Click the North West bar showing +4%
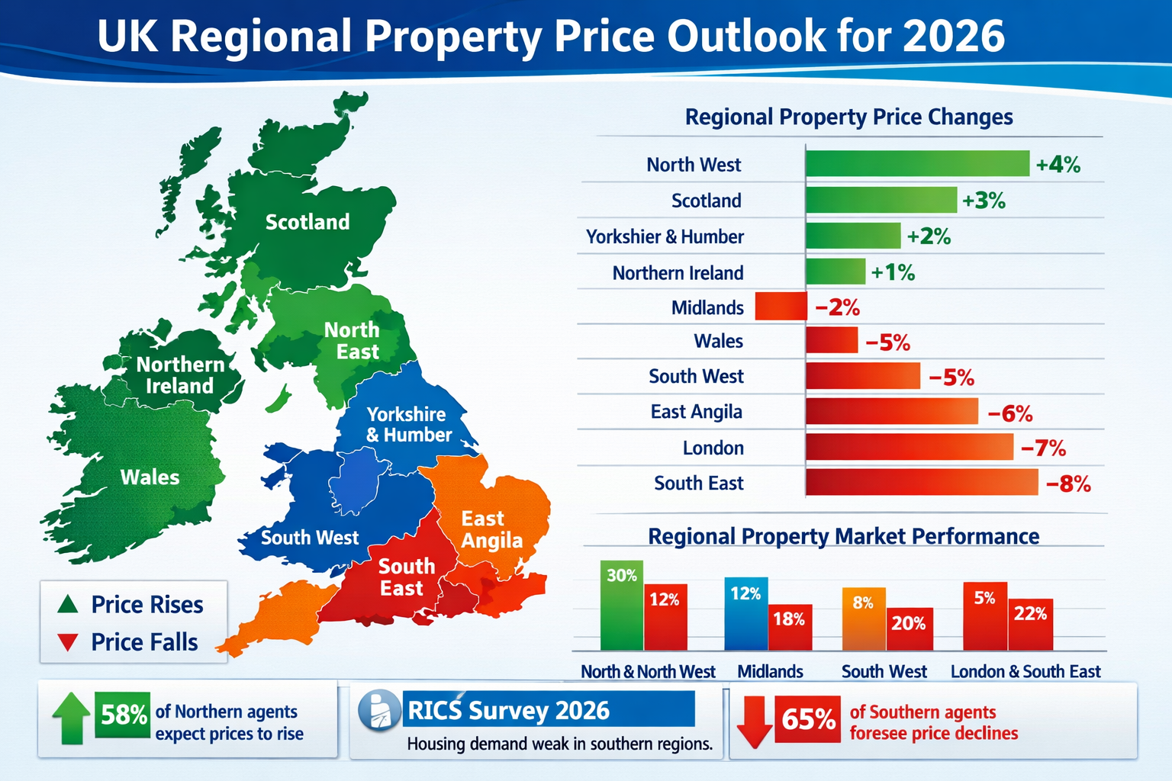point(917,164)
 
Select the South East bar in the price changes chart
point(922,483)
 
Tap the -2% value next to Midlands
point(837,308)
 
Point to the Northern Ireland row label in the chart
point(678,273)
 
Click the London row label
point(713,448)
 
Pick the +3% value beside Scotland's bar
point(984,201)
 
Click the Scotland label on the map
point(307,222)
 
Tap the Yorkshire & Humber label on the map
point(408,425)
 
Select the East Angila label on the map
point(491,529)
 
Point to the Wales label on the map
point(150,477)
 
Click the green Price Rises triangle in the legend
point(68,605)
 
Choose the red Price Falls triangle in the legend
point(68,642)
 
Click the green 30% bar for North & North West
point(622,606)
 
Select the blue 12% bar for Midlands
point(745,614)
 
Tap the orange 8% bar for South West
point(863,619)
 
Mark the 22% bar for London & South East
point(1030,625)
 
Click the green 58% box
point(122,715)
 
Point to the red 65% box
point(807,718)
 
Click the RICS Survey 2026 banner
point(548,710)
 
